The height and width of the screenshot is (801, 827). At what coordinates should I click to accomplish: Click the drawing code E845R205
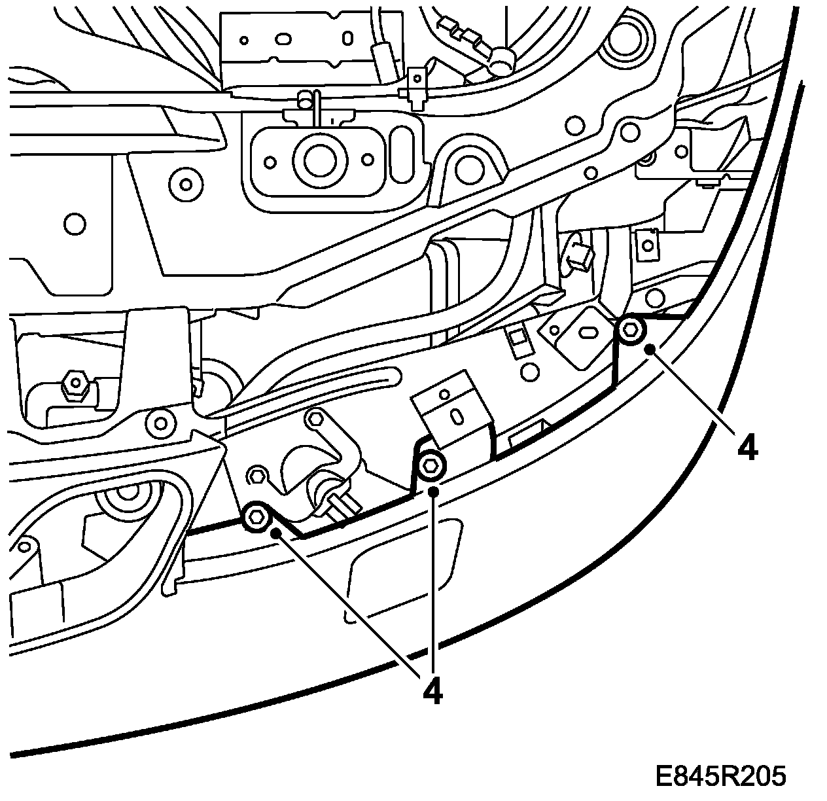coord(720,777)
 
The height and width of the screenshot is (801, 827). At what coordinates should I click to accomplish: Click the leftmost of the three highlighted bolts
coord(256,517)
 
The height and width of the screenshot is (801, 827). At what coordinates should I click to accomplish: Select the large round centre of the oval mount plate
coord(317,158)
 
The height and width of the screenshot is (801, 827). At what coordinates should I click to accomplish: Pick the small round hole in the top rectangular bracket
coord(243,40)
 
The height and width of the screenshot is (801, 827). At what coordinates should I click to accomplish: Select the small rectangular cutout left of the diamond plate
coord(518,338)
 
